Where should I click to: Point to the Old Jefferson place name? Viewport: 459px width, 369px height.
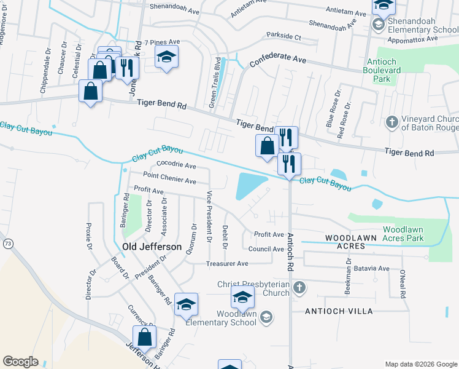point(152,247)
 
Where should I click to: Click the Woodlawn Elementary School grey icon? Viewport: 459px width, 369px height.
point(266,317)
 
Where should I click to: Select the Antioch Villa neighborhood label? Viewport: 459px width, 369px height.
point(339,311)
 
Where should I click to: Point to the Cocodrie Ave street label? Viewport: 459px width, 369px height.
point(176,165)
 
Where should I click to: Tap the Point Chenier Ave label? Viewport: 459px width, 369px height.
point(169,181)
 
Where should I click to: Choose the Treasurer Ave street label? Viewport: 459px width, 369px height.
point(227,263)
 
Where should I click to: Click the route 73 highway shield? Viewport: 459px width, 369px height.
point(7,244)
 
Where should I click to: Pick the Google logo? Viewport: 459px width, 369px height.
point(20,362)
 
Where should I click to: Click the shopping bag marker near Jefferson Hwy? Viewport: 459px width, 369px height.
point(145,337)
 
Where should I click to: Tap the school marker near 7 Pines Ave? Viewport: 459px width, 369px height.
point(166,57)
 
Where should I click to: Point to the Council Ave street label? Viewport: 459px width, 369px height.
point(266,249)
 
